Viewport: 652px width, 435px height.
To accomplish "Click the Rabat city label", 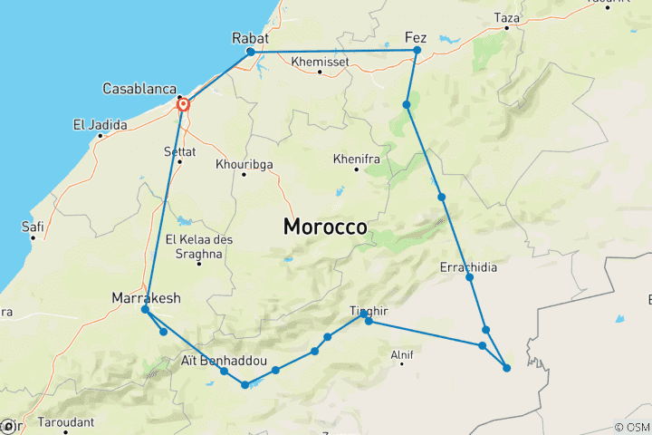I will [250, 38].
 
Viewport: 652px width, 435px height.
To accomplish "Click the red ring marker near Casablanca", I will [184, 105].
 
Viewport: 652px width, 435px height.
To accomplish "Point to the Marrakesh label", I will [145, 297].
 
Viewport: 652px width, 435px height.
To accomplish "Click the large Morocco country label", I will [325, 227].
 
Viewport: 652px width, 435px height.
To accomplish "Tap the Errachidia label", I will [468, 268].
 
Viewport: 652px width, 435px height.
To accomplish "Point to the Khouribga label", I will [244, 164].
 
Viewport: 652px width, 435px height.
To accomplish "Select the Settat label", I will [179, 150].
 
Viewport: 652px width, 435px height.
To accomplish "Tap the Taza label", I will [507, 16].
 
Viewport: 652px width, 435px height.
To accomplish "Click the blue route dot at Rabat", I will [251, 52].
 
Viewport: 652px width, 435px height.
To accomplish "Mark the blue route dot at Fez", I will [417, 51].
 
